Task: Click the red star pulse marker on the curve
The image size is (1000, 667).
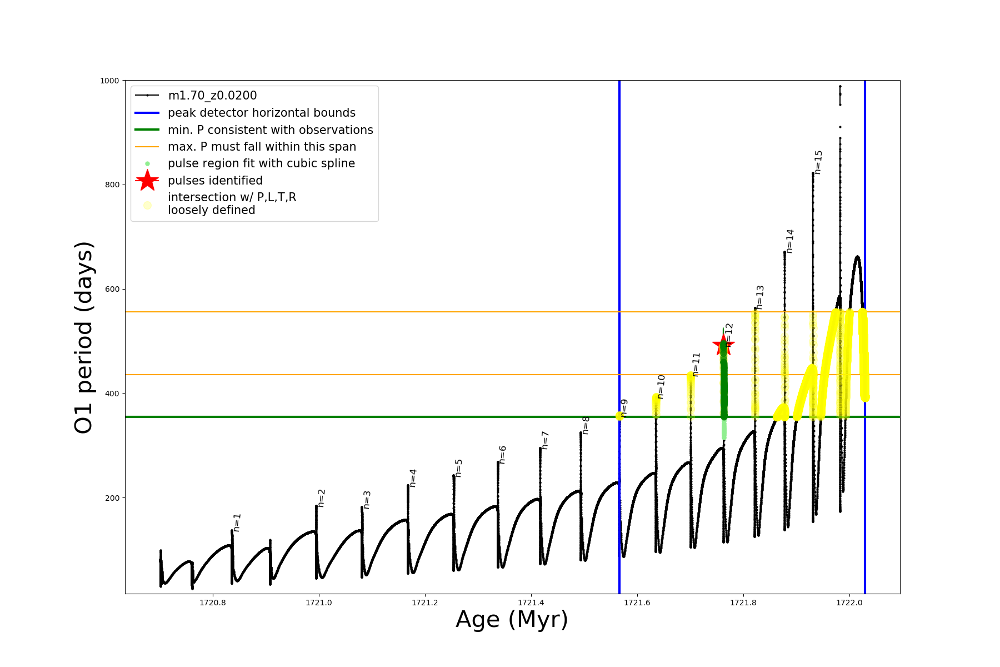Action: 723,345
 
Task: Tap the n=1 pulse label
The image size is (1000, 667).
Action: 237,522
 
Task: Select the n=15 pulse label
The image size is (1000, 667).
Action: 818,162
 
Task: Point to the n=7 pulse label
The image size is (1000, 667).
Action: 545,440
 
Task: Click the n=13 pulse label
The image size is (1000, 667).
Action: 760,297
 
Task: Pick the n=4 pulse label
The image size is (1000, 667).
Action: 413,478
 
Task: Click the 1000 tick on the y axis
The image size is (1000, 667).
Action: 109,81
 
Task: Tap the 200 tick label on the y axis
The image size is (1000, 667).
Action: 112,498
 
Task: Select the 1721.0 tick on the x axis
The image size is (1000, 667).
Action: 319,603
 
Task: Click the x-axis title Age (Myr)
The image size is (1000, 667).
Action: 512,620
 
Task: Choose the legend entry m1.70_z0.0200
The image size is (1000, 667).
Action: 212,96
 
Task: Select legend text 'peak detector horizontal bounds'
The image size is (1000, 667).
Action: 262,113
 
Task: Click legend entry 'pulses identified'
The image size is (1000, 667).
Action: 215,181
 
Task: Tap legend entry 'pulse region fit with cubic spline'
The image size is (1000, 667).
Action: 261,163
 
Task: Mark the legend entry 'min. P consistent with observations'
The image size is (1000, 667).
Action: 271,130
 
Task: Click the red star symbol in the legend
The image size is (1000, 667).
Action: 147,181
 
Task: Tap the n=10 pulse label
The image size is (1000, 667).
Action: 661,387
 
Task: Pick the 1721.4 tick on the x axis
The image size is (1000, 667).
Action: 531,603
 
